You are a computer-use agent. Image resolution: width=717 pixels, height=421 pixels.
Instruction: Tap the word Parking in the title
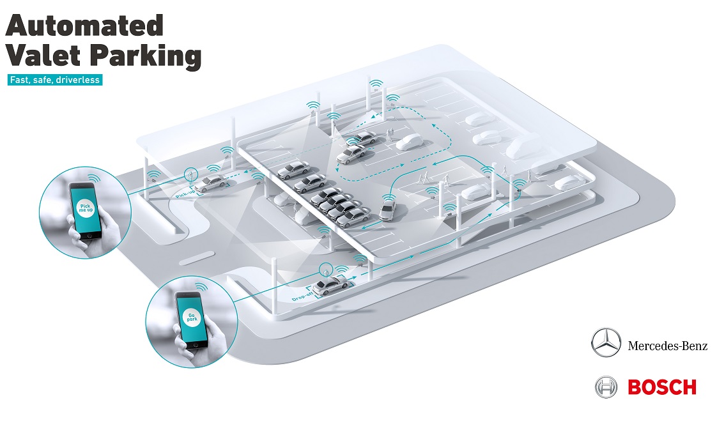pos(144,57)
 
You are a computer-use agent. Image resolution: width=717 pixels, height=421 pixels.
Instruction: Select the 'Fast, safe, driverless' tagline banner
pos(54,80)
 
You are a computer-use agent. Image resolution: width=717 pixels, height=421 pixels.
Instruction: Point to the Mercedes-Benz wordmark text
pos(667,346)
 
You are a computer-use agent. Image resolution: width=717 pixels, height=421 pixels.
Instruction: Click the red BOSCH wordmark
pos(662,387)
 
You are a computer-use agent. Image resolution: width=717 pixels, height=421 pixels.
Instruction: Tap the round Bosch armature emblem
pos(606,387)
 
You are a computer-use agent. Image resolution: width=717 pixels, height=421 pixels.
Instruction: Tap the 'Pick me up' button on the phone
pos(84,208)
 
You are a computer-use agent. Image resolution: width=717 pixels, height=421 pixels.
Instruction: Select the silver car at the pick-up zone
pos(209,183)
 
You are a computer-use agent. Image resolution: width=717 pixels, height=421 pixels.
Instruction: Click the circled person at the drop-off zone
pos(327,270)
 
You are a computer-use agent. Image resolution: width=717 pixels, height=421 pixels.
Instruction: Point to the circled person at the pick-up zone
pos(190,174)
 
